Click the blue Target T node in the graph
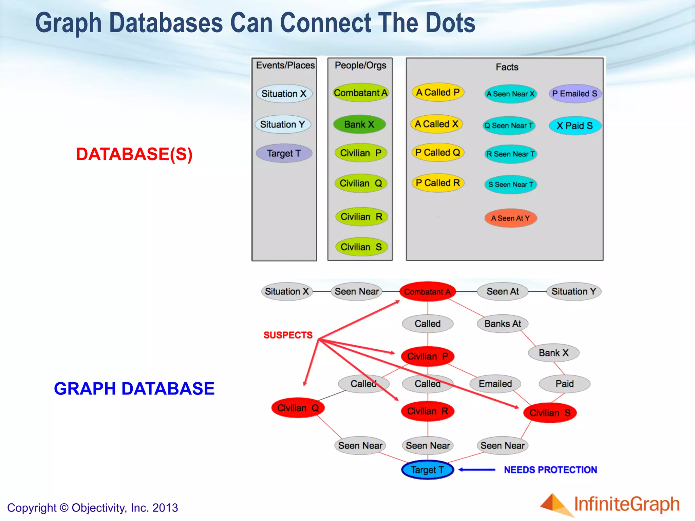(x=427, y=470)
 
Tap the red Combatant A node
(x=427, y=291)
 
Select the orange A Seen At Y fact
(x=510, y=218)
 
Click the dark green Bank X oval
(x=359, y=124)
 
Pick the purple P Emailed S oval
(x=575, y=94)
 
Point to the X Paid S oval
(x=575, y=126)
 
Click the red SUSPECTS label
(x=288, y=335)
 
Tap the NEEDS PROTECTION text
(x=550, y=470)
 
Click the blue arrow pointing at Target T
(x=477, y=470)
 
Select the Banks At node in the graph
(x=503, y=324)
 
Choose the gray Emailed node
(x=495, y=384)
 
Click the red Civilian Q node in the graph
(x=298, y=408)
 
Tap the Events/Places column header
(x=285, y=65)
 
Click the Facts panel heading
(x=507, y=67)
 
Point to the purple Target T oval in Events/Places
(x=284, y=153)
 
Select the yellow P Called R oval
(x=438, y=183)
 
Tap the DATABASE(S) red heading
(x=134, y=154)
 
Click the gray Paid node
(x=564, y=384)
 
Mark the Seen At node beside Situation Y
(x=503, y=291)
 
